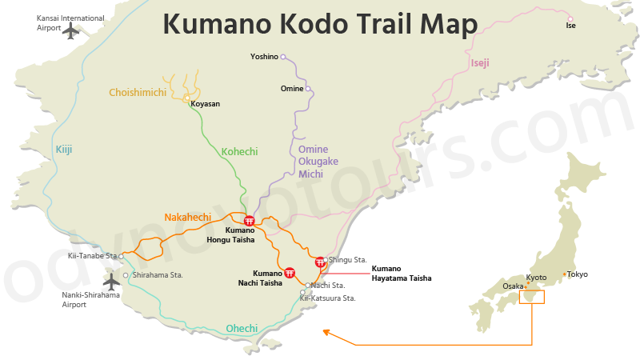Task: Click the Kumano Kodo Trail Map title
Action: point(320,24)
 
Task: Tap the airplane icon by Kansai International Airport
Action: point(72,30)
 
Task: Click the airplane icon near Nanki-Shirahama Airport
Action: point(111,281)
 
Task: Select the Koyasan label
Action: point(206,104)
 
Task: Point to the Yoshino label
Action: point(264,57)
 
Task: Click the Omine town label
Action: point(292,89)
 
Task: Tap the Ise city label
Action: point(570,26)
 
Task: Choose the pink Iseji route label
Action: point(479,62)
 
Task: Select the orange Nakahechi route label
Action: point(187,217)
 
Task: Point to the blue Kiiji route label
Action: point(64,149)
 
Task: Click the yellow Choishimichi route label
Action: point(138,93)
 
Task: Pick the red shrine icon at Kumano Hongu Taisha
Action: point(250,221)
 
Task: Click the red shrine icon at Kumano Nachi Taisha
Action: point(290,272)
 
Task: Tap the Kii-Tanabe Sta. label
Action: point(92,256)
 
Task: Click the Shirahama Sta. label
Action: point(158,275)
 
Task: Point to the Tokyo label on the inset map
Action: point(577,274)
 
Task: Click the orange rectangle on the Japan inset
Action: point(531,297)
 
